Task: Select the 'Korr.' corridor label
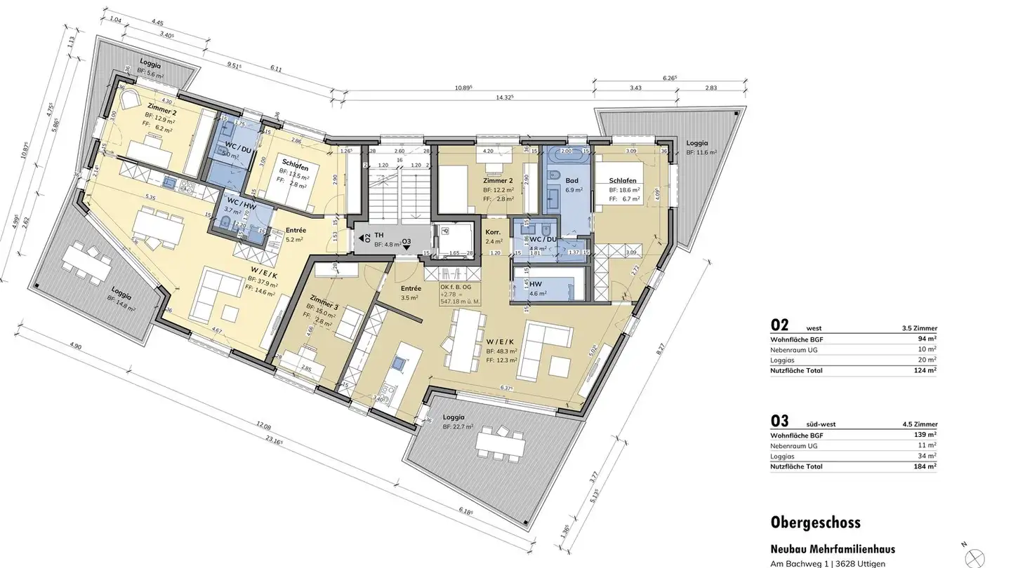click(493, 231)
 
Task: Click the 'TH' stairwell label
click(379, 236)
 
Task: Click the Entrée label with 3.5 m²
click(411, 288)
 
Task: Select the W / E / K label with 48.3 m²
click(501, 342)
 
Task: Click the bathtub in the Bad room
click(566, 158)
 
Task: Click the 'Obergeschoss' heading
click(815, 522)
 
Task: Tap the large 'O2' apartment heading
click(780, 325)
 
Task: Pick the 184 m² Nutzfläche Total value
click(925, 466)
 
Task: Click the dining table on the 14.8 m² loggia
click(86, 264)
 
